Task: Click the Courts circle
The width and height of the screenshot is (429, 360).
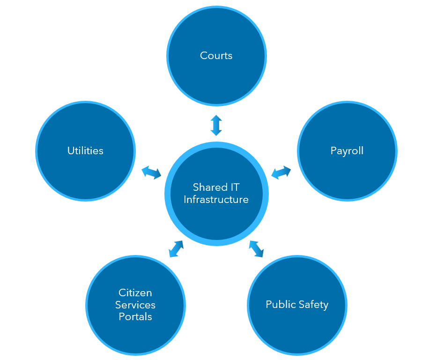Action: pos(216,56)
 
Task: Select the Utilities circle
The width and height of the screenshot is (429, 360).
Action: pos(85,151)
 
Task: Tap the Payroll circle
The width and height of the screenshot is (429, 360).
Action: pos(347,151)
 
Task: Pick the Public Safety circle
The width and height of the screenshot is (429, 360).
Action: pos(297,305)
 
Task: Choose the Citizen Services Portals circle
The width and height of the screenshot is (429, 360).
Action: pos(135,305)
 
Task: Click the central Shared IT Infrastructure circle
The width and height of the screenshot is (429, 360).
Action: pos(216,194)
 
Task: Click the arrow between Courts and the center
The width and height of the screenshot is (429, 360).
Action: pos(216,125)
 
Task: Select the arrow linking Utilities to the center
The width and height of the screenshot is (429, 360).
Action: pos(151,172)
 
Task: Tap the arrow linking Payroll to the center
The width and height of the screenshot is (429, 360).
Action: pos(281,172)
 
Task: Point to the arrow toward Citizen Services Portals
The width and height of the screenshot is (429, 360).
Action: pos(176,249)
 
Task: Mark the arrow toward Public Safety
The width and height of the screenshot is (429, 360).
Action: pos(256,249)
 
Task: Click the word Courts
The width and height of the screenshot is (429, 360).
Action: pos(216,56)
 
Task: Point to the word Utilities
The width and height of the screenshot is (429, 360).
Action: pos(85,150)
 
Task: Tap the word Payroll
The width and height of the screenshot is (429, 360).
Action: pos(347,151)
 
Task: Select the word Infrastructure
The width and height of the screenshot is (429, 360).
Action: pos(216,200)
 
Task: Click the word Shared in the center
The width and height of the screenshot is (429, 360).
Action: pos(210,187)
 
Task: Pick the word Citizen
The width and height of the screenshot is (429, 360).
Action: pos(135,293)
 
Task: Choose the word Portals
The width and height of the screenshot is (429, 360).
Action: pos(135,317)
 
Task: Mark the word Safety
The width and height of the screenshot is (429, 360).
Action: pos(313,305)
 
